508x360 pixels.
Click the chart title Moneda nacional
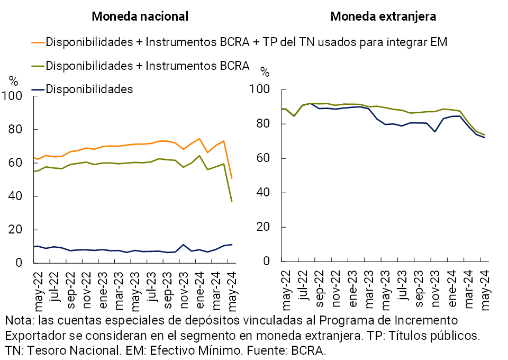click(140, 16)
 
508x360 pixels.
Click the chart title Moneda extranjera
click(383, 16)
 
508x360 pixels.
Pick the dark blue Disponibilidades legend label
click(89, 89)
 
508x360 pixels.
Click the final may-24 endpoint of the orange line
click(232, 178)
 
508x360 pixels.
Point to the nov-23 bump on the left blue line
click(183, 245)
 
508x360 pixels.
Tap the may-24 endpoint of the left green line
click(232, 202)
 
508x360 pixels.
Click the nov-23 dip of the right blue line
click(435, 131)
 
